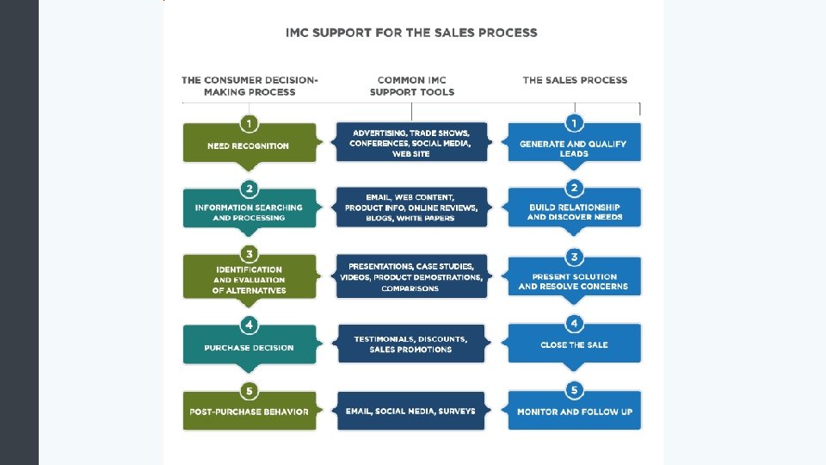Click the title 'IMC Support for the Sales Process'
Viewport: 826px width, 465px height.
pos(411,33)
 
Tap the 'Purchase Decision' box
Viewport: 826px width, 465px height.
pos(249,348)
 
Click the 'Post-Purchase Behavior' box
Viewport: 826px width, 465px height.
pos(249,412)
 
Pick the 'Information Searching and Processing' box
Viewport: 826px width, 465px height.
pos(249,212)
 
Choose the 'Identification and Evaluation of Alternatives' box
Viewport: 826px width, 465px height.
pos(249,280)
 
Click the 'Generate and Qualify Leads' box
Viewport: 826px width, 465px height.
pos(574,148)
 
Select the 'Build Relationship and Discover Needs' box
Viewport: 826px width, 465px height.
pos(574,212)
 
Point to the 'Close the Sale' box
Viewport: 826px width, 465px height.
pos(574,345)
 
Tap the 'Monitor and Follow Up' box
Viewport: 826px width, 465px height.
pos(574,412)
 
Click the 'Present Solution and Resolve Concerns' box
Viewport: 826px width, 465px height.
pos(574,281)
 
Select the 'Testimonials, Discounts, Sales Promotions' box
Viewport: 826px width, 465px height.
pos(411,344)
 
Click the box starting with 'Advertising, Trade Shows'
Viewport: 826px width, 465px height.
pos(411,143)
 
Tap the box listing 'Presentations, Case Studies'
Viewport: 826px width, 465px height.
pos(411,277)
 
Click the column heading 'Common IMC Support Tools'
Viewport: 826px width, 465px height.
pos(411,85)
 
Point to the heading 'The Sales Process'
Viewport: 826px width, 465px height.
pos(575,80)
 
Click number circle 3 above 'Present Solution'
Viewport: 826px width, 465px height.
pos(574,256)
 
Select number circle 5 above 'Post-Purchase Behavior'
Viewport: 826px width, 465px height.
pos(249,391)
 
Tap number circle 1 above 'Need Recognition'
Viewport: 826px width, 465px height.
pos(249,122)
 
